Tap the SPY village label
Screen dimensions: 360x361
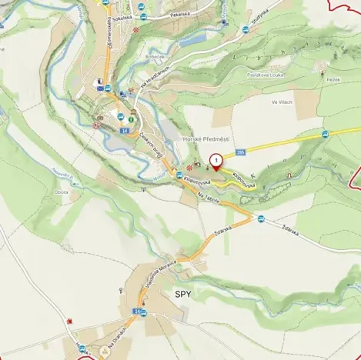coord(183,294)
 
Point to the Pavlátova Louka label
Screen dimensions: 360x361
coord(266,75)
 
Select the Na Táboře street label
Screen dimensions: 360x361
coord(209,198)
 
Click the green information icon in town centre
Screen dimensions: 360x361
coord(132,119)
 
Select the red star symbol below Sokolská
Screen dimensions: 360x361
coord(137,30)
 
